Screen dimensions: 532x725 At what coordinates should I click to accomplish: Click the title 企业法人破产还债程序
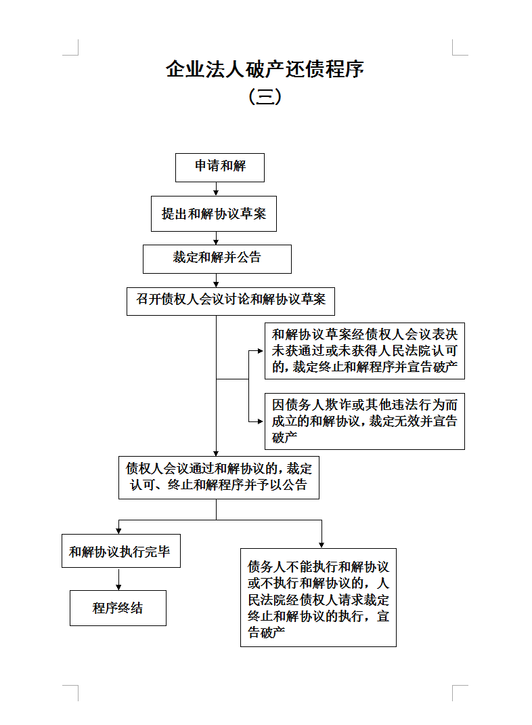[265, 69]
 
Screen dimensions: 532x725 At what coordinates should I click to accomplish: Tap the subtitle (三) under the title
[265, 97]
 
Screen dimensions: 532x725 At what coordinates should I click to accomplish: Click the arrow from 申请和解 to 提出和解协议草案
[216, 188]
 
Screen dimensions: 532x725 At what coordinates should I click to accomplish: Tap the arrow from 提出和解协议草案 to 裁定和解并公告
[216, 238]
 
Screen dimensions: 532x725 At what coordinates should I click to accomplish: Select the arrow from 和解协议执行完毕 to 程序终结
[118, 579]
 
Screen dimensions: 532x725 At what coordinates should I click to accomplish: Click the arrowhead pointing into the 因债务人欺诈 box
[261, 421]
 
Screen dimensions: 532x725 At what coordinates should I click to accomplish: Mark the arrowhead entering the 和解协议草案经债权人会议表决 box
[261, 351]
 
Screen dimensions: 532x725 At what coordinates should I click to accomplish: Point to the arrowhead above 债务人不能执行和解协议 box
[322, 545]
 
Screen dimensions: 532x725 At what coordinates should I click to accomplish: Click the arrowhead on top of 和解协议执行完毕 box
[118, 531]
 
